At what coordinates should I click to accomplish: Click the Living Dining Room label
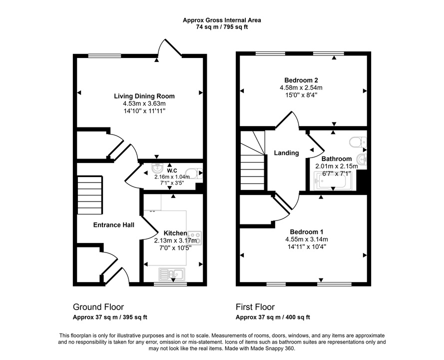144,96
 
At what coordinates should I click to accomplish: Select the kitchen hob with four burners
195,237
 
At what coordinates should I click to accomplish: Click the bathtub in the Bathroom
334,181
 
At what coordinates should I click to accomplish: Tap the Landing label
286,153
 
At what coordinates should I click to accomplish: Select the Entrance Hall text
114,225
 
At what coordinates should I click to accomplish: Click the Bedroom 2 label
301,80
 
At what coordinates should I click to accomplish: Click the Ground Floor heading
98,307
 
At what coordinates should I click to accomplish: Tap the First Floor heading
255,307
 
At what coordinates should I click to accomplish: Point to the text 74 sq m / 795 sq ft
222,27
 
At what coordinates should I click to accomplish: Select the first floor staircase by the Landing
252,160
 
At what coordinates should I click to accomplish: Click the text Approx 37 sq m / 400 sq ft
273,317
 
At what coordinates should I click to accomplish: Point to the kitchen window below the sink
170,284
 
